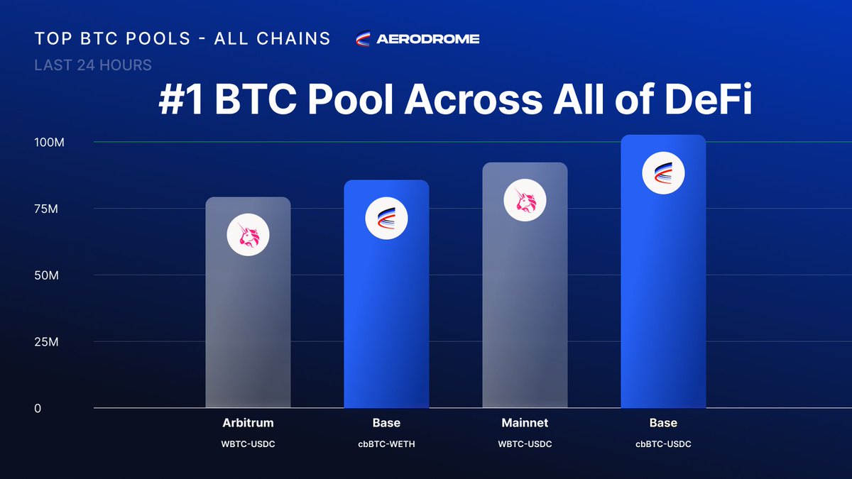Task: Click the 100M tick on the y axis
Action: click(49, 142)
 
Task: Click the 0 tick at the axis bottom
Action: click(38, 408)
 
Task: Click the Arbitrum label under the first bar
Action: click(248, 423)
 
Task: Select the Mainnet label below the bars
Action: click(525, 423)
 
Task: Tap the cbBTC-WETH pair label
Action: click(386, 444)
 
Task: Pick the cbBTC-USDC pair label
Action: click(663, 444)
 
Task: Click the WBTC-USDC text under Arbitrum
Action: click(248, 444)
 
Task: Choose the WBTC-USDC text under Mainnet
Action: click(525, 444)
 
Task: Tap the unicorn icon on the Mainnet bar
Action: click(525, 201)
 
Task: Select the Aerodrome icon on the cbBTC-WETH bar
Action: click(386, 219)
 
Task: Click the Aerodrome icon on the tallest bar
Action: click(663, 173)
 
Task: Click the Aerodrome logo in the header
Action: click(417, 39)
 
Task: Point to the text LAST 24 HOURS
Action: click(93, 65)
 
